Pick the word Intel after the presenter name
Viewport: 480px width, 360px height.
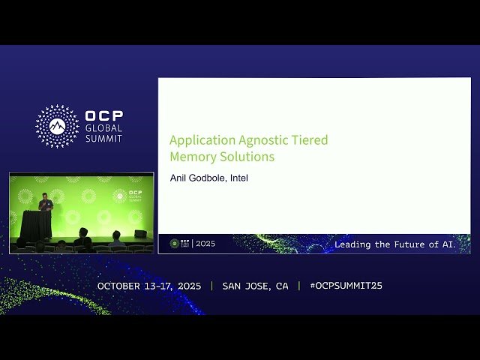(239, 178)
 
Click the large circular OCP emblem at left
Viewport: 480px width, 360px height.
(57, 125)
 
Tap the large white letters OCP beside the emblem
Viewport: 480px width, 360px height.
(103, 116)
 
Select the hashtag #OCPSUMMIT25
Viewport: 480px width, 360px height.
(346, 286)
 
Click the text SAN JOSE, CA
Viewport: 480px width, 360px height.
(255, 286)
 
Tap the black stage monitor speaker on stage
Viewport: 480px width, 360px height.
(140, 234)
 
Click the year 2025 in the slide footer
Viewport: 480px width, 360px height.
(205, 244)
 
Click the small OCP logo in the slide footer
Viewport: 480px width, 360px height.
(179, 244)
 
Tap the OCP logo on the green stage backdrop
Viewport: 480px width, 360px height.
(128, 196)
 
